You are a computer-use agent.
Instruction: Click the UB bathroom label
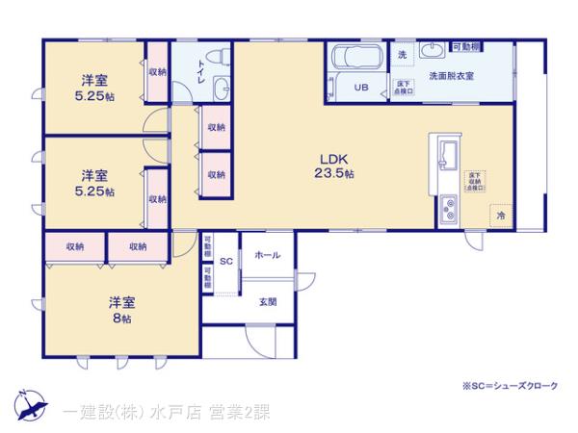360,88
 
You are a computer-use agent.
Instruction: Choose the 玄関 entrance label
267,302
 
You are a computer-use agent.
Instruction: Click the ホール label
267,255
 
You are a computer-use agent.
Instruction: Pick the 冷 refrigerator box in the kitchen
500,216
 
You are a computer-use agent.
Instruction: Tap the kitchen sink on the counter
449,152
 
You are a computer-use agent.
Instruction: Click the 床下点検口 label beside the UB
404,88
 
